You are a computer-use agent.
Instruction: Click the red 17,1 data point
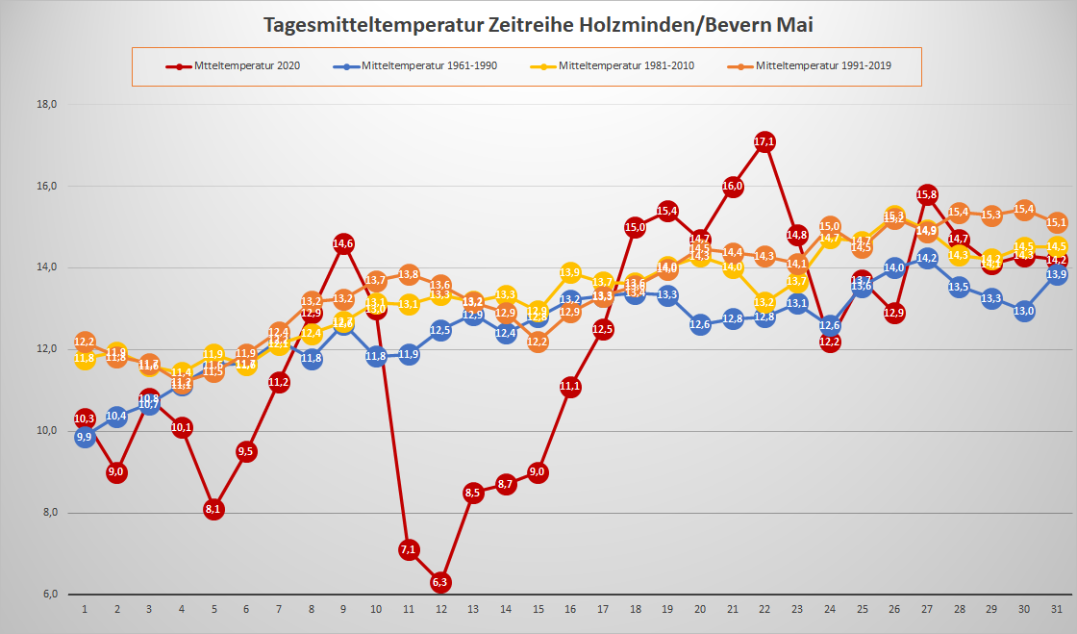click(764, 141)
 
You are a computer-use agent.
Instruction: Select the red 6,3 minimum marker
click(440, 581)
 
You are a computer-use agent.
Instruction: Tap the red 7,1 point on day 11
click(408, 549)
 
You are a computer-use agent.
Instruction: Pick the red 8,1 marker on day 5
click(213, 509)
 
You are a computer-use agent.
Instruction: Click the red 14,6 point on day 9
click(343, 243)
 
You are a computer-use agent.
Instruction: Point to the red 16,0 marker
click(733, 186)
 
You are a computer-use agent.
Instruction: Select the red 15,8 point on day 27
click(927, 194)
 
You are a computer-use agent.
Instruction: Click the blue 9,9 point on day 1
click(85, 437)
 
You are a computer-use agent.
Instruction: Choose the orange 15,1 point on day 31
click(1056, 222)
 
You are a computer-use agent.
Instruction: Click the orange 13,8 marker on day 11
click(408, 275)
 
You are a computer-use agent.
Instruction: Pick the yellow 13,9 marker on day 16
click(570, 272)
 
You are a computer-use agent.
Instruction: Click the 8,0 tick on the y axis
click(48, 512)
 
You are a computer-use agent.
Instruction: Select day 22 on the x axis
click(764, 609)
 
